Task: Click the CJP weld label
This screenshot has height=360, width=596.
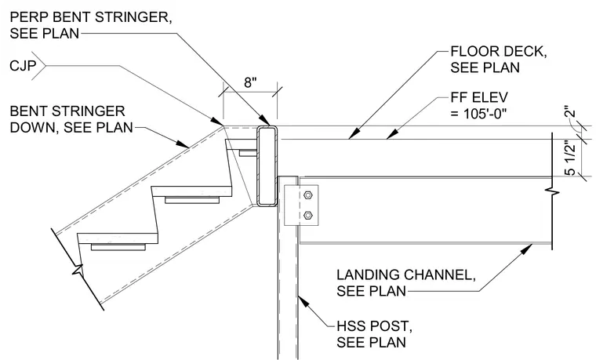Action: point(23,66)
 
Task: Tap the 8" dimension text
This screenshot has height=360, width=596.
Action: point(250,82)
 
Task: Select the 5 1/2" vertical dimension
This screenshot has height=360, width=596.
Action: point(571,158)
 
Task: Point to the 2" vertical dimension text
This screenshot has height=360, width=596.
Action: point(570,113)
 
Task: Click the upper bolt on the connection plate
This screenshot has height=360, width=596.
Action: point(308,195)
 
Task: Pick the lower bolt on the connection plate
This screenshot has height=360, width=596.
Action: point(308,216)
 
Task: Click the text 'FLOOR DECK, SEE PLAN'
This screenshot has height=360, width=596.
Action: point(498,60)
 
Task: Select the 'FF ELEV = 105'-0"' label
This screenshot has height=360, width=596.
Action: point(479,105)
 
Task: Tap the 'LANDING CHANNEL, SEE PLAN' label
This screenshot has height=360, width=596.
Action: point(406,283)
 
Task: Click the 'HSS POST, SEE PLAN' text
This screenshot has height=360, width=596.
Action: point(374,334)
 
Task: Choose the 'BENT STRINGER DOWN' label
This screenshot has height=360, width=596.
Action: point(71,119)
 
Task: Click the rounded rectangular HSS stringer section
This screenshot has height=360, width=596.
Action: point(267,166)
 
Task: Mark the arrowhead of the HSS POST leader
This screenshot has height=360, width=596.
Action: point(303,301)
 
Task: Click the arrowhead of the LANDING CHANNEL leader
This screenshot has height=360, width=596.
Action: point(528,249)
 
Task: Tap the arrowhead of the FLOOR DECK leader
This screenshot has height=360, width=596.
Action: point(353,133)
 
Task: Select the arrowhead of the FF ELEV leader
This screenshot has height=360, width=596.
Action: point(391,133)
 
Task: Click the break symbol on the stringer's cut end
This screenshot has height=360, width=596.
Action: point(78,269)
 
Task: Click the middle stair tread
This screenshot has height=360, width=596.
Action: point(192,191)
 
